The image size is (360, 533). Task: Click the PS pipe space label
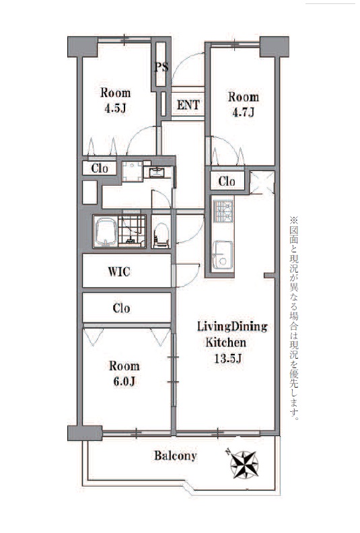(x=161, y=67)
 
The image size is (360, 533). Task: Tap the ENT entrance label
(x=188, y=105)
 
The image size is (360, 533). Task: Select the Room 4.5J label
(x=116, y=101)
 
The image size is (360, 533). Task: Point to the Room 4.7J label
(x=244, y=105)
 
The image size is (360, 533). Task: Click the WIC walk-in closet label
(x=119, y=272)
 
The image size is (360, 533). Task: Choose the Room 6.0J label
(x=124, y=374)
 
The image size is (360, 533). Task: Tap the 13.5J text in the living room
(x=227, y=358)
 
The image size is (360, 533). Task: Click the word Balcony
(x=176, y=456)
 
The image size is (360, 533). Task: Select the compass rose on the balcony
(x=243, y=463)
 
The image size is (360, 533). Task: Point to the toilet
(x=161, y=235)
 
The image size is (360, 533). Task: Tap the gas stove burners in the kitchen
(x=223, y=211)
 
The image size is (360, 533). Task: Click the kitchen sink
(x=223, y=255)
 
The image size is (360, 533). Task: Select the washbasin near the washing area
(x=157, y=173)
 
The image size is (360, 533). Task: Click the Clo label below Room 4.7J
(x=227, y=181)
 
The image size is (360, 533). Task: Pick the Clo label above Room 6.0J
(x=121, y=308)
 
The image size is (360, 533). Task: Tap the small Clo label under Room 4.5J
(x=100, y=168)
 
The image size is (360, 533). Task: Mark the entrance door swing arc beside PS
(x=184, y=62)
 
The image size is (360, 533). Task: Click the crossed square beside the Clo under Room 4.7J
(x=262, y=182)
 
